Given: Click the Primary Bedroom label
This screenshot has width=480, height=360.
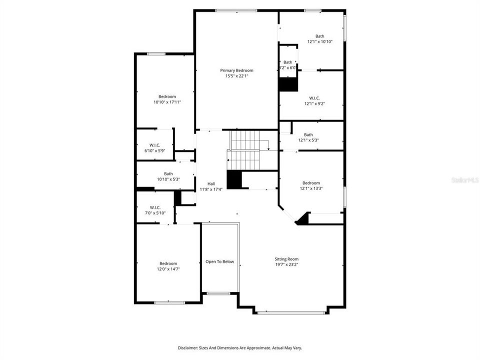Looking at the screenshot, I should [x=236, y=70].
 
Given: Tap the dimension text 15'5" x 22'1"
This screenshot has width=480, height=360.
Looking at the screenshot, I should [x=236, y=76].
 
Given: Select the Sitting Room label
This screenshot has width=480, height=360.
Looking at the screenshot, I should [x=286, y=259].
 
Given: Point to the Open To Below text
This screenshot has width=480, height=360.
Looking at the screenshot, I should [x=220, y=261].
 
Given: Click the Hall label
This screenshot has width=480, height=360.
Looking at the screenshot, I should [x=204, y=184].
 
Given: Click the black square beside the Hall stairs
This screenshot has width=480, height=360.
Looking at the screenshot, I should [x=234, y=180].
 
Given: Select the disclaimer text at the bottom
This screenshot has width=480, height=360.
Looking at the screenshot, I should [x=240, y=347].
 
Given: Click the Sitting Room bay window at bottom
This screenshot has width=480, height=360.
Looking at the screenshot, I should [x=291, y=312].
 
